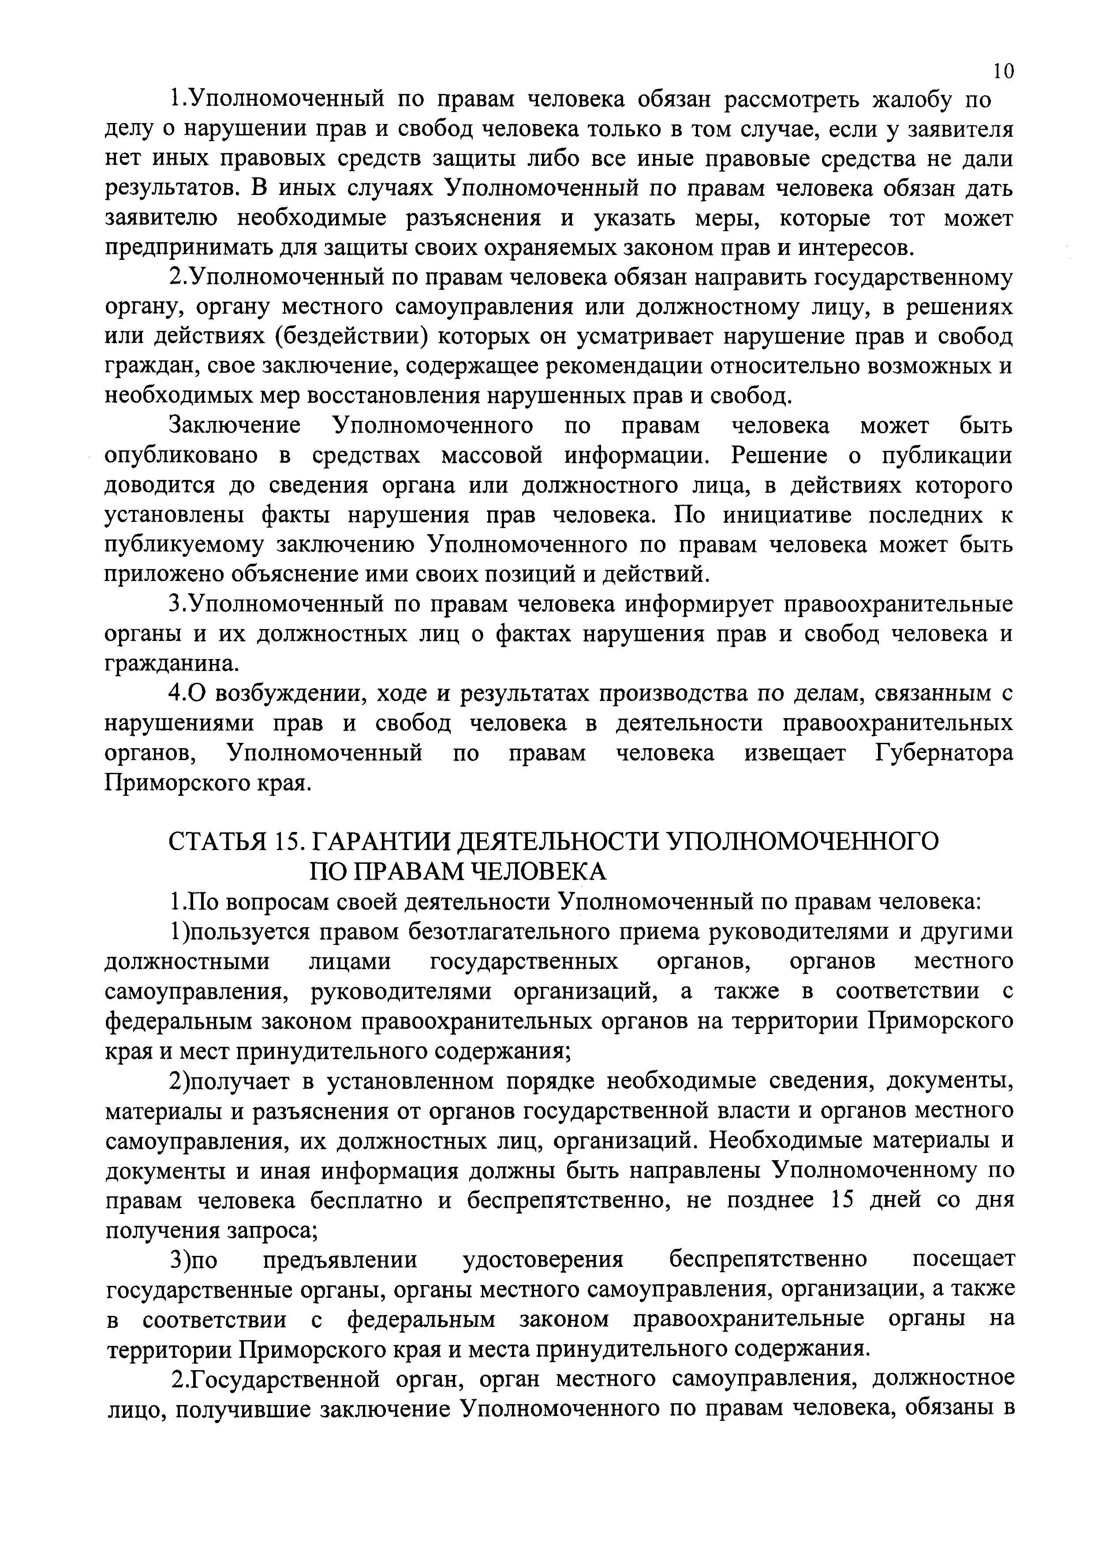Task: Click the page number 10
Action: (1003, 70)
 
